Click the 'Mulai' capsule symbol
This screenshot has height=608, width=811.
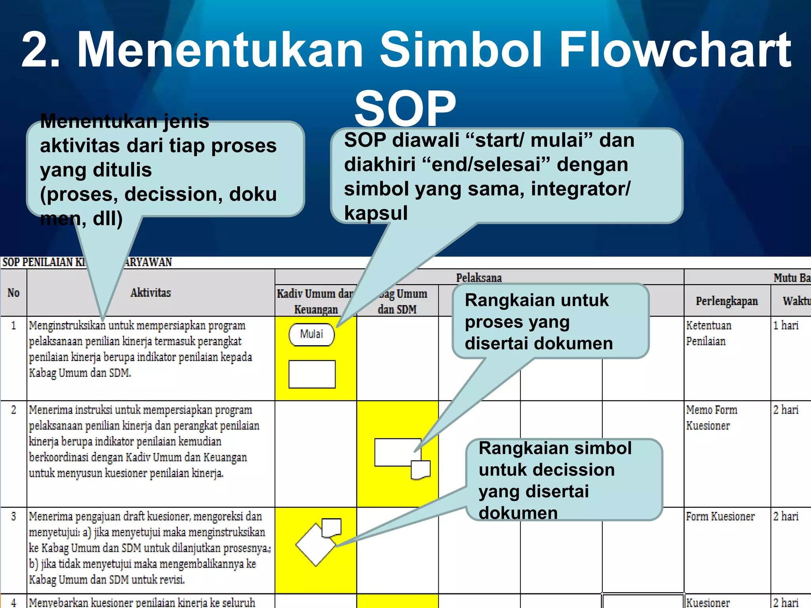[312, 335]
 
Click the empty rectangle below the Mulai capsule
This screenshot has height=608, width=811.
[312, 374]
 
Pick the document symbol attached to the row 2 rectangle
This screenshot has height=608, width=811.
[421, 470]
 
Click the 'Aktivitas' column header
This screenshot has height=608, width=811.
[150, 293]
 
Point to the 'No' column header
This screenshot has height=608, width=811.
[13, 293]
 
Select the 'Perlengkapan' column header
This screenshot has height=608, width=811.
[727, 301]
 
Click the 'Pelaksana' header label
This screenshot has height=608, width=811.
[479, 278]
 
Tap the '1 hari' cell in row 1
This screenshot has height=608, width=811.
[786, 326]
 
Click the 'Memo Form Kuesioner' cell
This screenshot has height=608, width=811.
[712, 418]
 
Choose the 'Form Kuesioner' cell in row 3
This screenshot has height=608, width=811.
[720, 517]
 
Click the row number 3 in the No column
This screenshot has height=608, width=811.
[13, 517]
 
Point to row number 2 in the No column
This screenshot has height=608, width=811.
[13, 410]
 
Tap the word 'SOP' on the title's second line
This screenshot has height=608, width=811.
[405, 108]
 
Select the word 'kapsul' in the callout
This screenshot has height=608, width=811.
[376, 213]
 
